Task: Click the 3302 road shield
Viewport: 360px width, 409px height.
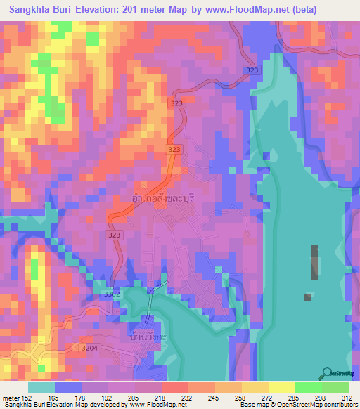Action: coord(111,294)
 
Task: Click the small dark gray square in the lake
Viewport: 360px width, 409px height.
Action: coord(307,297)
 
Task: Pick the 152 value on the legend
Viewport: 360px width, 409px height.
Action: coord(27,398)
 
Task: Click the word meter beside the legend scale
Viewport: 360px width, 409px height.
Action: coord(10,398)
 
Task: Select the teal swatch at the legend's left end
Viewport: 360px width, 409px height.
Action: coord(41,387)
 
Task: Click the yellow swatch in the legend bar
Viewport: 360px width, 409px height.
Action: coord(281,387)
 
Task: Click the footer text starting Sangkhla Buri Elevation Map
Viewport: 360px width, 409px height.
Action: coord(63,405)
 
